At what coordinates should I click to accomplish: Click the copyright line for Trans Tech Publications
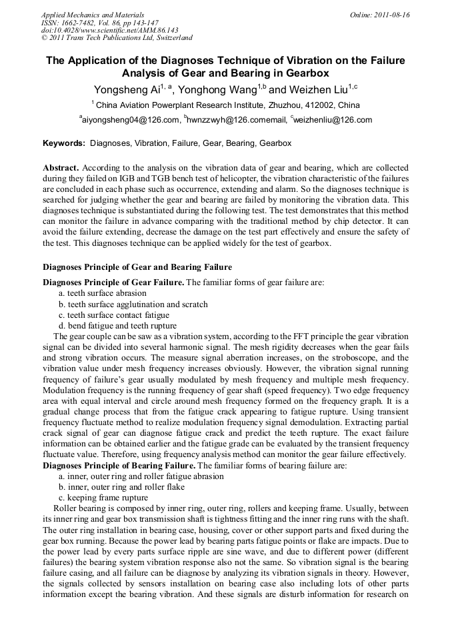[x=117, y=39]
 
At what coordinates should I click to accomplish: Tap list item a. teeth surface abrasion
[x=102, y=293]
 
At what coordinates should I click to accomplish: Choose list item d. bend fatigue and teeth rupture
[x=117, y=326]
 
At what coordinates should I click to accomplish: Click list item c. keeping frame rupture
[x=103, y=497]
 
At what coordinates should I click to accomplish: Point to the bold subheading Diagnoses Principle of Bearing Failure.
[x=119, y=465]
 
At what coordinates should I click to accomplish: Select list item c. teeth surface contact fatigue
[x=114, y=315]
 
